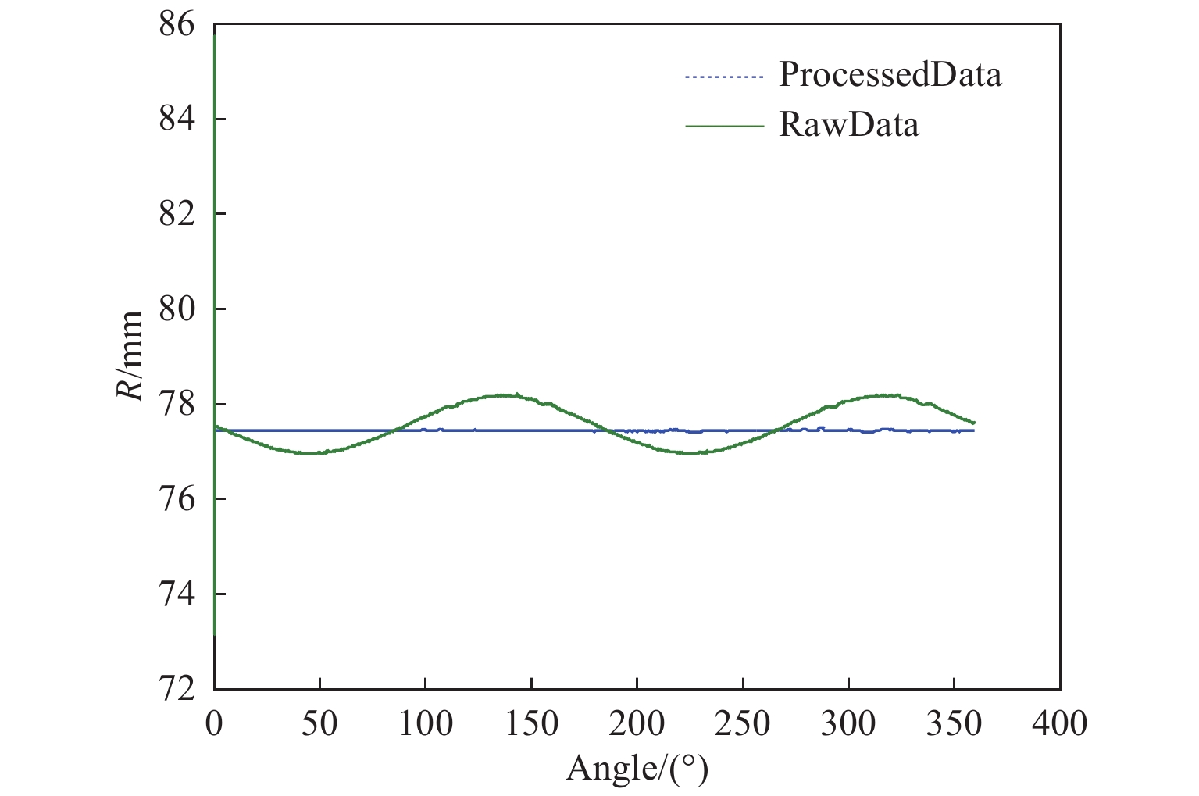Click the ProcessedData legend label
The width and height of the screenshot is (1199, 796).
coord(890,75)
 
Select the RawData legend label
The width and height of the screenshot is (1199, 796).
coord(848,125)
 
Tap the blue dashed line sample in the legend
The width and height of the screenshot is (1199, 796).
coord(723,77)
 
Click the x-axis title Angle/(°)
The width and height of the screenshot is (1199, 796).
coord(637,769)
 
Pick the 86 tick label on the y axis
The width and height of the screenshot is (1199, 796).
coord(177,24)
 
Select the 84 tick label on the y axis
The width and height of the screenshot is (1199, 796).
coord(177,119)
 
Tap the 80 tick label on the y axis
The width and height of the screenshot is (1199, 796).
coord(177,309)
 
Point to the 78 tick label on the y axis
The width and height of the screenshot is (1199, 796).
coord(177,404)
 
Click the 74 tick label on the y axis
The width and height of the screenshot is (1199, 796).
coord(177,594)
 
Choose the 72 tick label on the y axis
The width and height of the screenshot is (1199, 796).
coord(177,688)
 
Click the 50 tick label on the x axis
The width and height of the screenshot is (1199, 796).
coord(319,724)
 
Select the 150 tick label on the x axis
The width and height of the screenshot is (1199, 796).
coord(531,724)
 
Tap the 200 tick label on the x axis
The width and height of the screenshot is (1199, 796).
coord(637,724)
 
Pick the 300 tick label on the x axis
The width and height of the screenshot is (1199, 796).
coord(848,724)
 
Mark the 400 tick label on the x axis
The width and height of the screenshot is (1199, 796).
coord(1059,724)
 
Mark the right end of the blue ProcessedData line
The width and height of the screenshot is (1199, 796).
coord(973,430)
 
